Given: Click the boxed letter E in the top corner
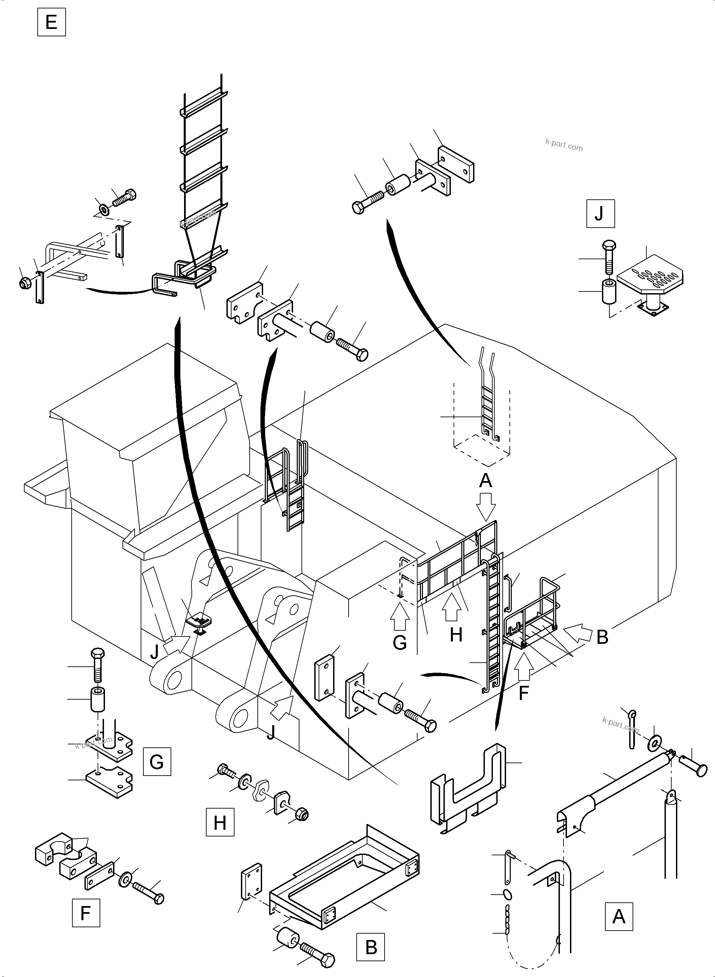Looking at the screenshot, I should pyautogui.click(x=51, y=22).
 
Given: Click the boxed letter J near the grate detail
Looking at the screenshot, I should pyautogui.click(x=600, y=213).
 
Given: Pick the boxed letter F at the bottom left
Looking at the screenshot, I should pyautogui.click(x=86, y=913).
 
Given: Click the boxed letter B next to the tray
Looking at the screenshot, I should pyautogui.click(x=371, y=947).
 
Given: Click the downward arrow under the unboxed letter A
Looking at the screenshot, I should pyautogui.click(x=486, y=509).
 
